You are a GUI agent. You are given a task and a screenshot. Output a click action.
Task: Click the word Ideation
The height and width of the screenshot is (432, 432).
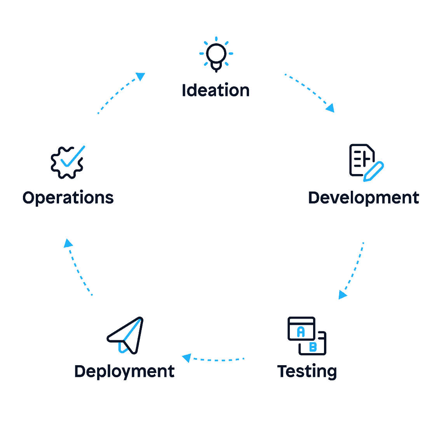click(216, 91)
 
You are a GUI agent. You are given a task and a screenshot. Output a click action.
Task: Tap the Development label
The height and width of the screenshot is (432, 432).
click(364, 198)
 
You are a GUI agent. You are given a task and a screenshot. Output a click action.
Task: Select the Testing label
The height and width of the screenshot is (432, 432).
click(307, 371)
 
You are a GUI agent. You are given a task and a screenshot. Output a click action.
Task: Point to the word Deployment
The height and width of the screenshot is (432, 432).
click(124, 371)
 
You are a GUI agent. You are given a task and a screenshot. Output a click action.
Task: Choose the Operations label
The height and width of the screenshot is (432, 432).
click(68, 198)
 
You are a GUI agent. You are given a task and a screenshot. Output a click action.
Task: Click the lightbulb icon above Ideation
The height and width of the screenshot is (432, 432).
click(216, 55)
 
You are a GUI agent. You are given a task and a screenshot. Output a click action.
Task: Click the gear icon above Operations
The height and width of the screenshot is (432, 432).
click(67, 163)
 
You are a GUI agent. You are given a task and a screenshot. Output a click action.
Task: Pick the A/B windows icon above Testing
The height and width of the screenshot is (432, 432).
click(307, 336)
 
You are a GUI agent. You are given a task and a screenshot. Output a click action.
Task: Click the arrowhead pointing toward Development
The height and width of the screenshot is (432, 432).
click(331, 108)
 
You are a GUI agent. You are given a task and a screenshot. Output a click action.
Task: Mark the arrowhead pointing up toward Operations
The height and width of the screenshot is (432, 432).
click(68, 243)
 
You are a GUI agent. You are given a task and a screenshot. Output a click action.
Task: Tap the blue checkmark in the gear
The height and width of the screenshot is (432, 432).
click(73, 156)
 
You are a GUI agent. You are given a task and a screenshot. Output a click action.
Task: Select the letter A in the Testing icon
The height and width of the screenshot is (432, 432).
click(301, 332)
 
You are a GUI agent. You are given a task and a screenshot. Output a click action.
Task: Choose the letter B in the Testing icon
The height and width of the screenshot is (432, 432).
click(313, 347)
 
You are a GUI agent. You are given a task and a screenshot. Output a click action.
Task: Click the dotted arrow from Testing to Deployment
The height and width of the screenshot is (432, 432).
click(218, 359)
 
